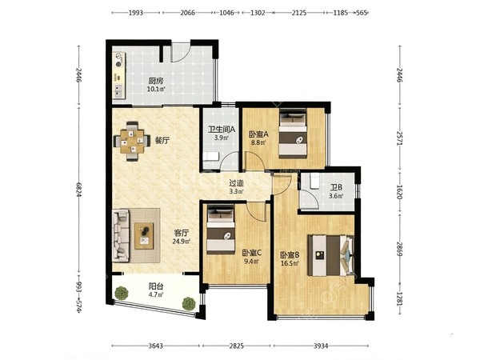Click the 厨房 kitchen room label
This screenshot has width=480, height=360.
156,81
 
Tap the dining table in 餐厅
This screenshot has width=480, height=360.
132,141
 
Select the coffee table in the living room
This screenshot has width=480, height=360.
144,235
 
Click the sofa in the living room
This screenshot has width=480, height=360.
121,235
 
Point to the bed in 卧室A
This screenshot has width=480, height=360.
293,134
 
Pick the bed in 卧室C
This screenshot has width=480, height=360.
221,229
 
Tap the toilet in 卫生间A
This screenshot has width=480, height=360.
210,156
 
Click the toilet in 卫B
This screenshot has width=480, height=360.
314,181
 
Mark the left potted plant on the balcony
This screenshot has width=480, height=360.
122,293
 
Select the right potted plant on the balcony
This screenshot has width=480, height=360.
189,304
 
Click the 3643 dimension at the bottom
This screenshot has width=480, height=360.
155,346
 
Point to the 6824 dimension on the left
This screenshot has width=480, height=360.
79,190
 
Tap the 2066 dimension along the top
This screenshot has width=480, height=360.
187,13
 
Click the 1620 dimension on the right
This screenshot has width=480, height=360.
399,192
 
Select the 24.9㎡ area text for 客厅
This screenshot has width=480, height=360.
182,242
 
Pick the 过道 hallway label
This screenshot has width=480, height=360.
237,183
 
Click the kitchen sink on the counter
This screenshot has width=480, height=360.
118,90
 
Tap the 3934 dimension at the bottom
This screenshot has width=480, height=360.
321,346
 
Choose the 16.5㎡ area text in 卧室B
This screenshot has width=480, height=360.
290,263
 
